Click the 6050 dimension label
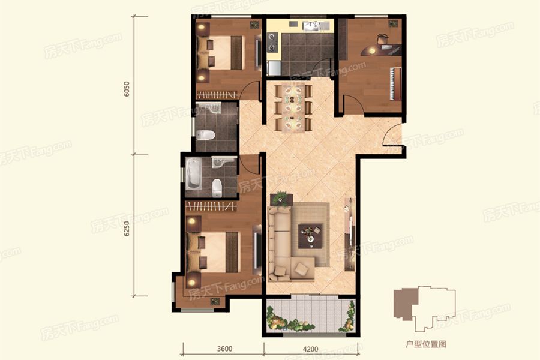(x=127, y=89)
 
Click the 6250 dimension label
(x=127, y=229)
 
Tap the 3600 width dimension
(x=224, y=349)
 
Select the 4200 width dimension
(x=310, y=349)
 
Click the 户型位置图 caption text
(x=426, y=344)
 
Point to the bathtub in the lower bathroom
(x=194, y=174)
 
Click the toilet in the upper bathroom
(x=206, y=135)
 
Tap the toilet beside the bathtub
(x=217, y=188)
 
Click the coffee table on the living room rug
(x=311, y=236)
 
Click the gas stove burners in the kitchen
(x=273, y=41)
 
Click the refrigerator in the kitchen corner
(x=274, y=68)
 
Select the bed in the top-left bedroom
(x=221, y=53)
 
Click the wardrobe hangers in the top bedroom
(x=217, y=94)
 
